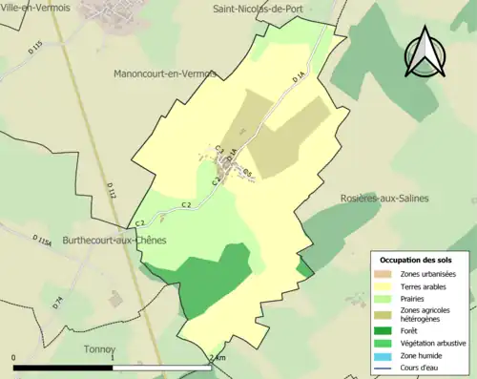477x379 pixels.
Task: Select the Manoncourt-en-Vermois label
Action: pyautogui.click(x=165, y=73)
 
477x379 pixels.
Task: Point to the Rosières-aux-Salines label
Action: pyautogui.click(x=384, y=198)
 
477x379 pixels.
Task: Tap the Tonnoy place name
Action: pyautogui.click(x=98, y=348)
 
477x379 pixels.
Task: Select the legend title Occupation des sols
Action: pyautogui.click(x=417, y=260)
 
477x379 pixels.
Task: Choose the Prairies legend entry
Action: pyautogui.click(x=418, y=298)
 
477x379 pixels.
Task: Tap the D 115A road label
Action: pyautogui.click(x=44, y=241)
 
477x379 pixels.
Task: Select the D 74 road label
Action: pyautogui.click(x=57, y=303)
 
